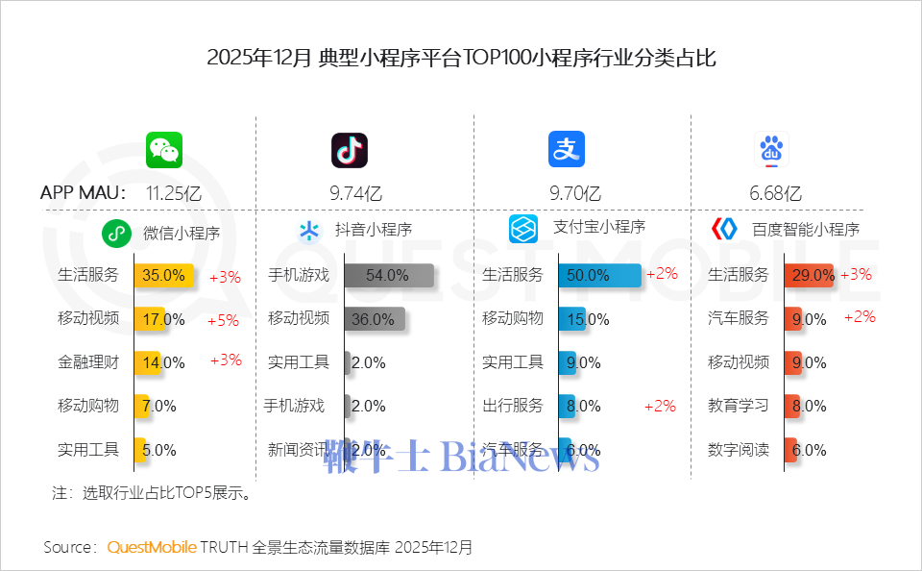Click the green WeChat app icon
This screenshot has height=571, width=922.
coord(164,150)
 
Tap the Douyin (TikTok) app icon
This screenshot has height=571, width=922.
coord(350,150)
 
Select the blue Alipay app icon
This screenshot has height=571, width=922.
coord(567,150)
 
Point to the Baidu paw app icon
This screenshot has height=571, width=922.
coord(771,150)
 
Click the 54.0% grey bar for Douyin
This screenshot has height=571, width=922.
coord(389,275)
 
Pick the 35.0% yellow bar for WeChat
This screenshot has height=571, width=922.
coord(164,275)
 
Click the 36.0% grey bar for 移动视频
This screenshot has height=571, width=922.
coord(375,319)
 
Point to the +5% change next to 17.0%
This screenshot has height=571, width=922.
coord(223,320)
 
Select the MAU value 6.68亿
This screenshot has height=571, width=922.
coord(775,192)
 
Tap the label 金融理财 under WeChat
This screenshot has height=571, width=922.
coord(88,362)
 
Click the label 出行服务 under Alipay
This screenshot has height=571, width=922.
coord(513,406)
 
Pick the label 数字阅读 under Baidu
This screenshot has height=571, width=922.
coord(739,449)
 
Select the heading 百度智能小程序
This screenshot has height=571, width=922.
coord(805,230)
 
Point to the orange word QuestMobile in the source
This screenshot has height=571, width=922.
coord(152,547)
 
